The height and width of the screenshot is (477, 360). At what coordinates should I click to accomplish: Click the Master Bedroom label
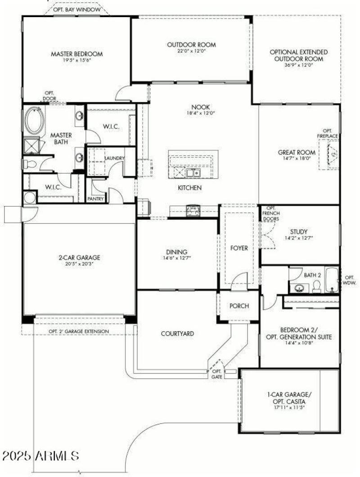point(76,54)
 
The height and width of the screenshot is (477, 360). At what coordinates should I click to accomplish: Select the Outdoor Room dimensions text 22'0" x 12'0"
point(191,51)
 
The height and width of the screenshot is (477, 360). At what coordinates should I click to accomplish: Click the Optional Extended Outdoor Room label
point(298,55)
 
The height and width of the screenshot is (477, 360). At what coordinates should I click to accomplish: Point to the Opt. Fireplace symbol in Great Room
point(332,154)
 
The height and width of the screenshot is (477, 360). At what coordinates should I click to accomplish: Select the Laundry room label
point(114,158)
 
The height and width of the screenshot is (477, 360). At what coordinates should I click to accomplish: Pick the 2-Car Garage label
point(79,258)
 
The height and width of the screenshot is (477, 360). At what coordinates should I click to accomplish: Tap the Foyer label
point(239,248)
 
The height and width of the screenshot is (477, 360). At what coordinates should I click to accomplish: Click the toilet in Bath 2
point(316,286)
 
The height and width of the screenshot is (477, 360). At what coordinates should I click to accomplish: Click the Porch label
point(239,306)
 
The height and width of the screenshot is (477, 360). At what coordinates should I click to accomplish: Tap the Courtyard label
point(177,333)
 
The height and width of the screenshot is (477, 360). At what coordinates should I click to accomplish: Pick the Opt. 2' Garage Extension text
point(79,332)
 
